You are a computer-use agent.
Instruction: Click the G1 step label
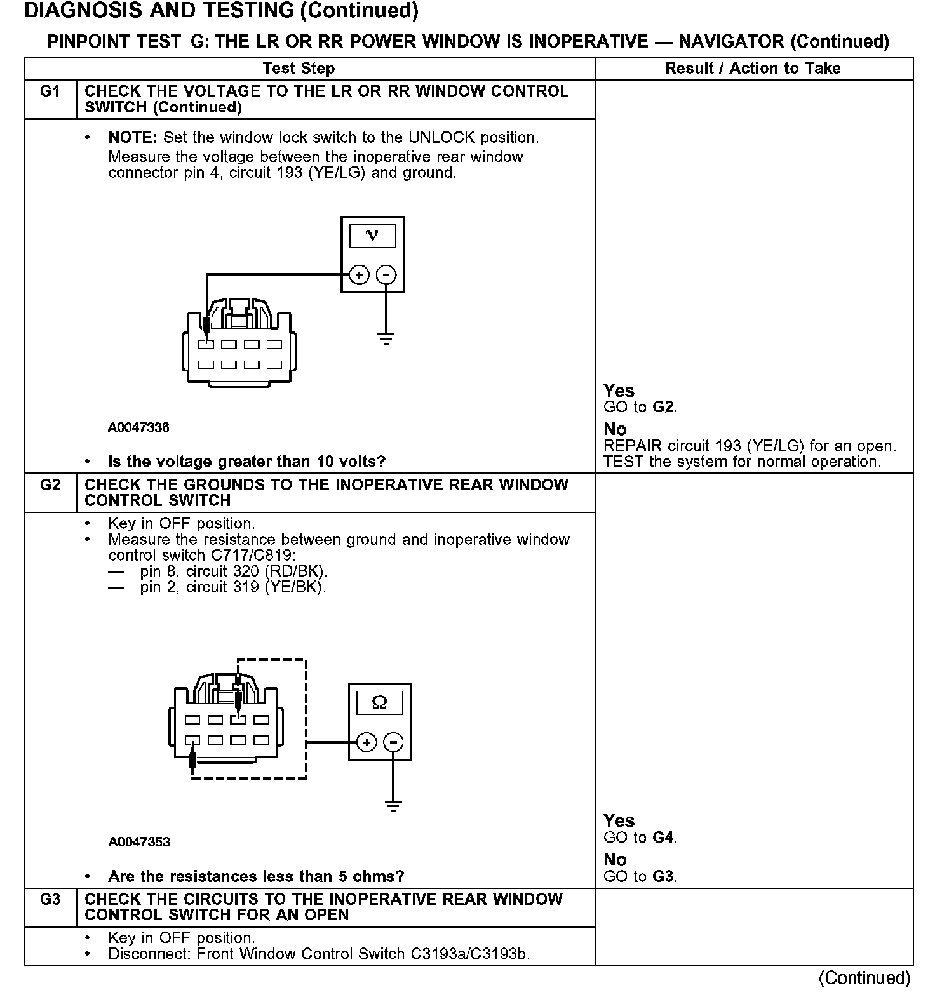(x=50, y=91)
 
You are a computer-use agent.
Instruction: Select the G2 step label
(x=50, y=485)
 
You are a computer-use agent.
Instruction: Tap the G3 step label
(x=50, y=900)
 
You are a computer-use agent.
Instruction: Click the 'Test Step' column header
(x=299, y=69)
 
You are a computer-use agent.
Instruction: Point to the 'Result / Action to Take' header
(x=753, y=69)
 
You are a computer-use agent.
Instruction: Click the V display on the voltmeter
(x=372, y=236)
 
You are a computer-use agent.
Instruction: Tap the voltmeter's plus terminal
(x=359, y=275)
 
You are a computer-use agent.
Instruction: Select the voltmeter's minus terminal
(x=386, y=275)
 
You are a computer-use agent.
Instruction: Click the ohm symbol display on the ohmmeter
(x=379, y=703)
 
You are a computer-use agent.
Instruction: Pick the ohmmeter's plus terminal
(x=367, y=742)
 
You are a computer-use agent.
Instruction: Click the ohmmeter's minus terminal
(x=394, y=742)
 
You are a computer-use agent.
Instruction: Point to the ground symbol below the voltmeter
(x=386, y=337)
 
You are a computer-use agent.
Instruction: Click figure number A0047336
(x=138, y=427)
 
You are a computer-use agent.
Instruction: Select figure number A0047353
(x=139, y=842)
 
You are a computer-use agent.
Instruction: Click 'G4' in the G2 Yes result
(x=663, y=838)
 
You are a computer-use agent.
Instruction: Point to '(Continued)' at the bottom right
(x=864, y=978)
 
